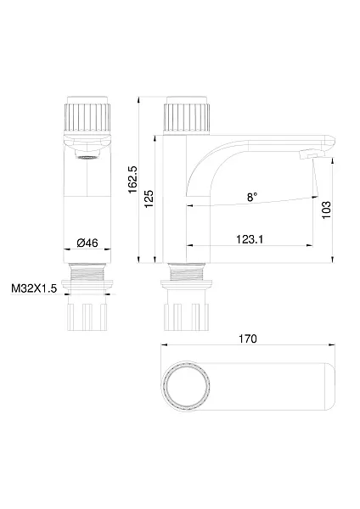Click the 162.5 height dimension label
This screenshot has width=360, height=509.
pos(133,180)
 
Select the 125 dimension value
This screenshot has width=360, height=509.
pos(149,199)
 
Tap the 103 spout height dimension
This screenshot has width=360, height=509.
pos(327,210)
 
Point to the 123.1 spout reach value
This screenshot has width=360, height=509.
pos(250,239)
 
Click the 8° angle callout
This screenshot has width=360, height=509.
pos(252,197)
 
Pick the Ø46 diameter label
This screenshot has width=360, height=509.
pos(87,243)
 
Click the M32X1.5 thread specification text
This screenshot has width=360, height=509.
pos(34,288)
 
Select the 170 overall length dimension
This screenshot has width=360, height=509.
pos(248,338)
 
